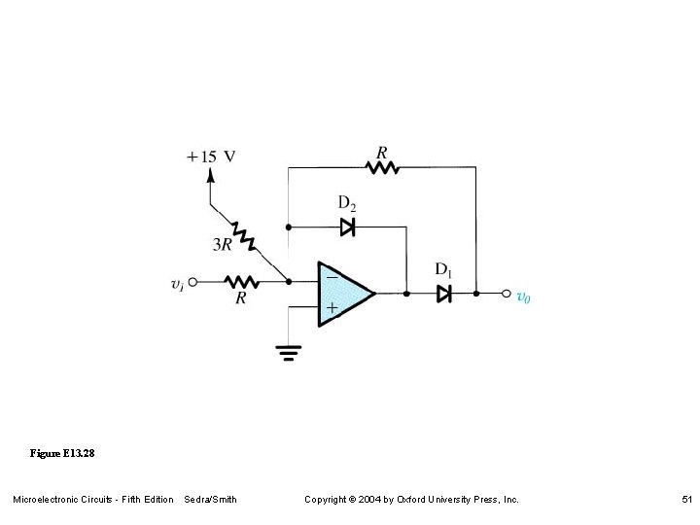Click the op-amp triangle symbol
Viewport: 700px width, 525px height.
coord(343,293)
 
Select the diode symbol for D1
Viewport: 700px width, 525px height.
coord(443,293)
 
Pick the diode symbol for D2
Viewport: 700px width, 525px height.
coord(347,227)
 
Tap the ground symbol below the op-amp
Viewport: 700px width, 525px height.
coord(288,353)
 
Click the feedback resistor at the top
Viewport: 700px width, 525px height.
coord(382,167)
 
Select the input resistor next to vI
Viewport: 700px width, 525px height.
coord(240,282)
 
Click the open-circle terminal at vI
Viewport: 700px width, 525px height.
coord(192,282)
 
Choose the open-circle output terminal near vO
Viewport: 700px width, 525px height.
coord(506,293)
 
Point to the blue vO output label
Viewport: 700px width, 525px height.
coord(523,297)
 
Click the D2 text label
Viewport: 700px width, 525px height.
coord(347,203)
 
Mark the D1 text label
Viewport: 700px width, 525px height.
coord(443,269)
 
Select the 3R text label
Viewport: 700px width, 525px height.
coord(223,246)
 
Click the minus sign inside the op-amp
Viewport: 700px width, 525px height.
coord(332,278)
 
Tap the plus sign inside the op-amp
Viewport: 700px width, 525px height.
coord(332,308)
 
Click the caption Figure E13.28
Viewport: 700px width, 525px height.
coord(62,454)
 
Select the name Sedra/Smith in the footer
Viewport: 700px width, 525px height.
coord(210,500)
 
